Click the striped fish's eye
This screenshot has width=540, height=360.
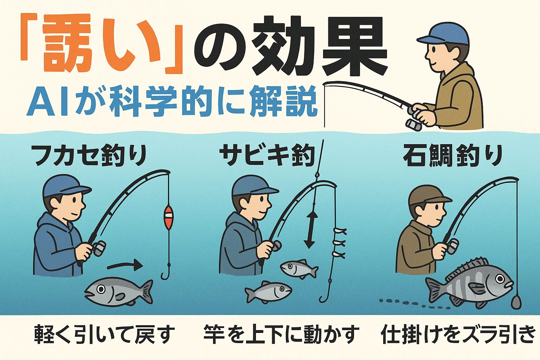[500, 279]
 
